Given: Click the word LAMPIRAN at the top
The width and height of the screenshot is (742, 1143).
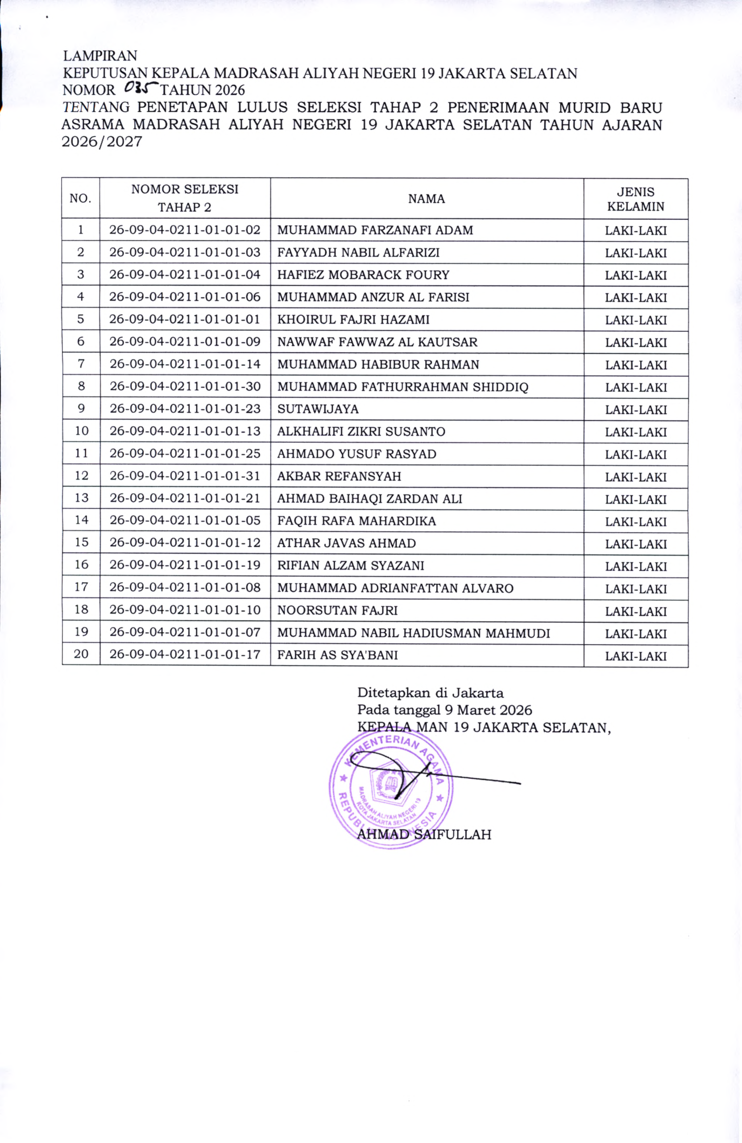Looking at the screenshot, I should click(x=100, y=56).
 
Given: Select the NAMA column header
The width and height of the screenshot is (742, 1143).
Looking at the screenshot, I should click(x=426, y=199).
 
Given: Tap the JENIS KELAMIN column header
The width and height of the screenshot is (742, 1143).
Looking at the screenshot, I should click(x=635, y=199).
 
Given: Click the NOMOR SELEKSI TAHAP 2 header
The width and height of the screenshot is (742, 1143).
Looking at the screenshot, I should click(x=185, y=198).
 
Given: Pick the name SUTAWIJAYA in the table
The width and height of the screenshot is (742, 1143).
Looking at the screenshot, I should click(x=318, y=409).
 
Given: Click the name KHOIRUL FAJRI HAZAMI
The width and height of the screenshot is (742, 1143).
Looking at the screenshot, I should click(x=353, y=320).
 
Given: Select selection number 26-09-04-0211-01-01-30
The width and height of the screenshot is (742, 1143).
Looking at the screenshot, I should click(x=185, y=387).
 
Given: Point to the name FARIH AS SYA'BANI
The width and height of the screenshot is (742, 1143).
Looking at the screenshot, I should click(x=337, y=655).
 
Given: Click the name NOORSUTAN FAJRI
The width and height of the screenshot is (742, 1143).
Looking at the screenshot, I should click(x=337, y=610).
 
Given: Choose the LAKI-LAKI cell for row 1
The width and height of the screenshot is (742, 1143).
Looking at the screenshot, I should click(x=635, y=230).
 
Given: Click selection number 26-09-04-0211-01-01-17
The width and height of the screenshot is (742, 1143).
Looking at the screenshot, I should click(x=185, y=655).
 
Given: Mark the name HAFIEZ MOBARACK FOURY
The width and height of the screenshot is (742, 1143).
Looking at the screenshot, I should click(x=363, y=275).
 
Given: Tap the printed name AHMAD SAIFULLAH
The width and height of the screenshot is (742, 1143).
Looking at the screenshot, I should click(x=424, y=834).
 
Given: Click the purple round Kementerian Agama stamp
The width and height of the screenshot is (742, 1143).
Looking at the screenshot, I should click(x=391, y=788).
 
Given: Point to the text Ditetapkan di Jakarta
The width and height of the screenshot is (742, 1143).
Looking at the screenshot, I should click(x=430, y=693).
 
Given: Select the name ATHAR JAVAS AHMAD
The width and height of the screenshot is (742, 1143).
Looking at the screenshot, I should click(x=347, y=543).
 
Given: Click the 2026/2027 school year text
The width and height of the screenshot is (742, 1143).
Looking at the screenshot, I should click(x=102, y=142).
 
